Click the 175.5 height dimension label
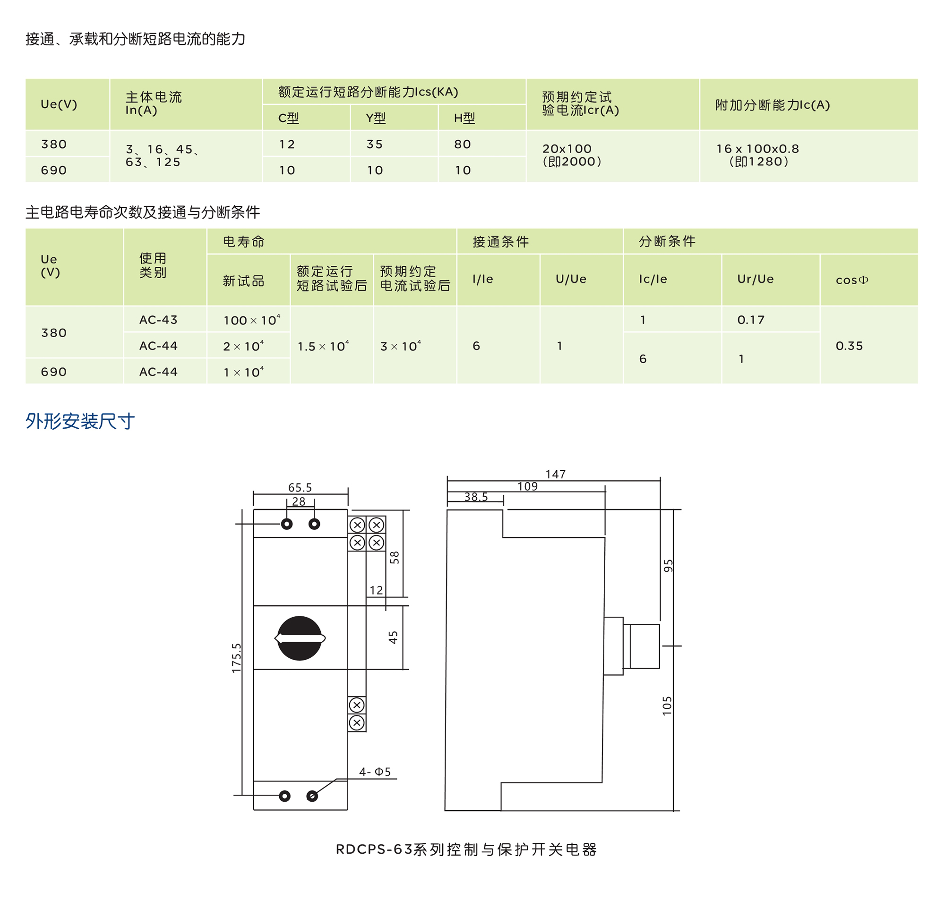[x=237, y=658]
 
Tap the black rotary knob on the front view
[x=300, y=638]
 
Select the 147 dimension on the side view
[x=555, y=475]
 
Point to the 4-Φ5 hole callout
[x=375, y=772]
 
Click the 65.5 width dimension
[x=300, y=488]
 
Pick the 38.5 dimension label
[x=476, y=497]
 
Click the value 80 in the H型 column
[x=463, y=144]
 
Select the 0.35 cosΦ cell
[x=849, y=346]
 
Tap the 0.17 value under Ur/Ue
[x=751, y=320]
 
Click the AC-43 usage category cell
[x=158, y=320]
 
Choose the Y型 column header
[x=376, y=118]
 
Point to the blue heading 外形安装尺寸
[x=80, y=421]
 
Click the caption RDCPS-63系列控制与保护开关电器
[x=466, y=849]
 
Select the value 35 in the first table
[x=375, y=144]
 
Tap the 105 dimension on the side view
[x=667, y=706]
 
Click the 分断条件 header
[x=667, y=241]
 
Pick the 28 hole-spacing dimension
[x=299, y=502]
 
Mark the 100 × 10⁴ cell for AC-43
[x=251, y=320]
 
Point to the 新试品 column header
[x=243, y=281]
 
